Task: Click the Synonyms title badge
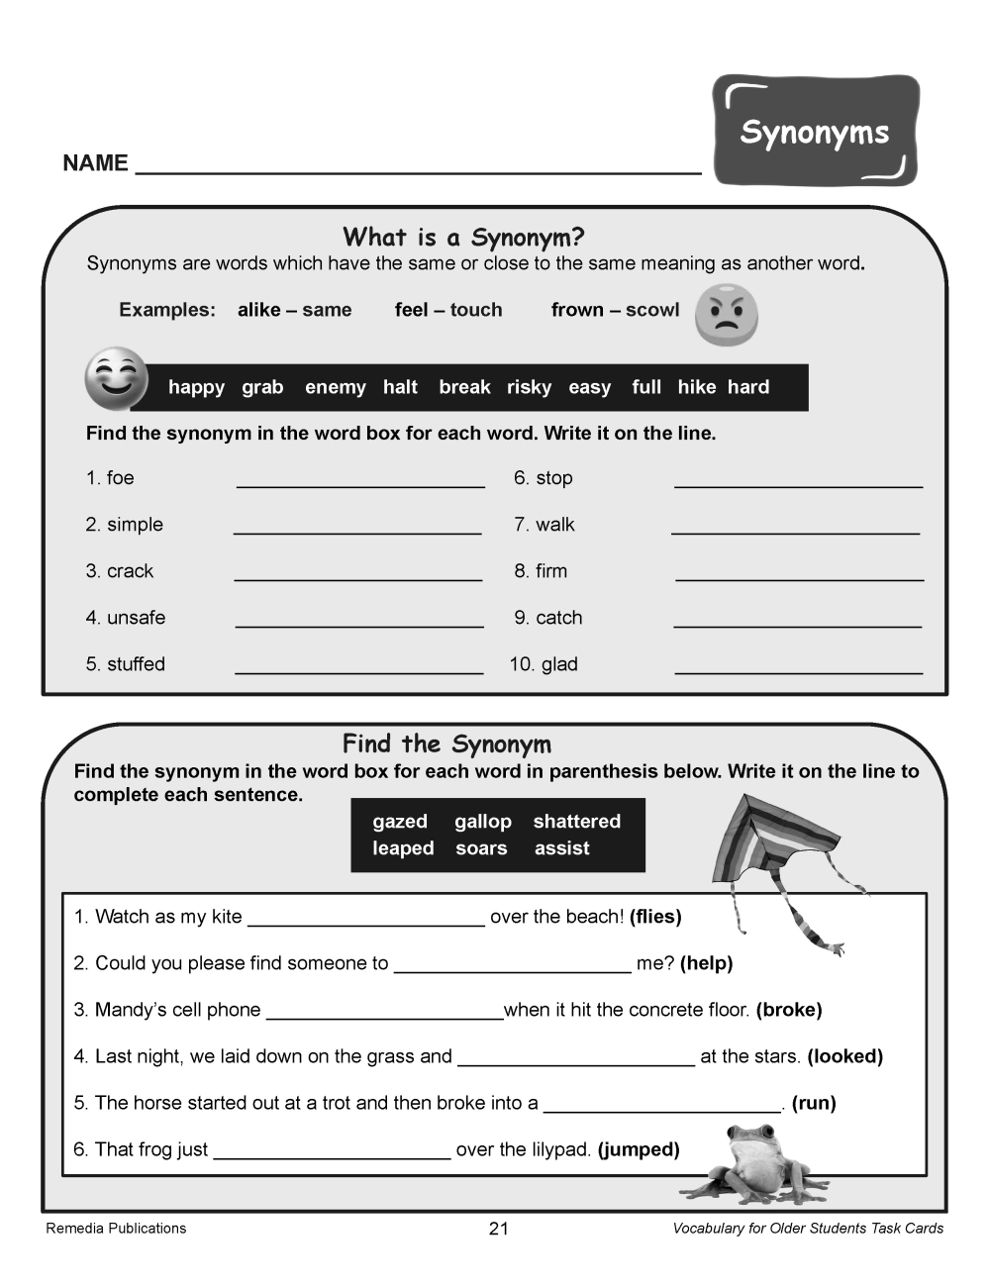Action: [x=815, y=131]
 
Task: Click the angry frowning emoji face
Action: [x=726, y=315]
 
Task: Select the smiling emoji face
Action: [x=116, y=377]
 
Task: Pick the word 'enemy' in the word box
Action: [x=335, y=387]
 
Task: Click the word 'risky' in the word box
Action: [x=529, y=387]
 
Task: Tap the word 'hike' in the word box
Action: [x=696, y=387]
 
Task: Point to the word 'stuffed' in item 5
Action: [x=136, y=664]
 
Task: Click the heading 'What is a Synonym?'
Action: [x=463, y=238]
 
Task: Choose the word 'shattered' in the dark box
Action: [x=576, y=822]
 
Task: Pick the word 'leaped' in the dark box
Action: [x=403, y=848]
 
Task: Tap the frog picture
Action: [x=757, y=1163]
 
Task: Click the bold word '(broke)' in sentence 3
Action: [x=789, y=1010]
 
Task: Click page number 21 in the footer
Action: [x=498, y=1229]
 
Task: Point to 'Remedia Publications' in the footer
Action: [x=116, y=1229]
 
